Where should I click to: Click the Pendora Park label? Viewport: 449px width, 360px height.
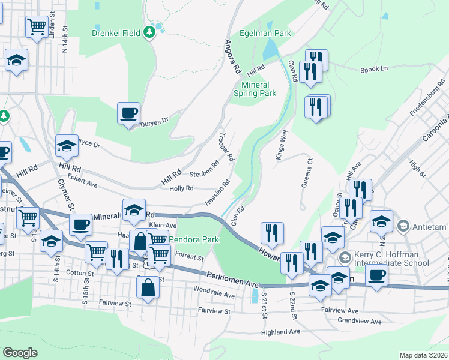coord(193,239)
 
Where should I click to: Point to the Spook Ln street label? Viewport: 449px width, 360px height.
coord(374,69)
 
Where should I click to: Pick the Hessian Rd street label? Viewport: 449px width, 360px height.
coord(217,192)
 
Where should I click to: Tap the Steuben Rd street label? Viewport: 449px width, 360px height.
coord(204,169)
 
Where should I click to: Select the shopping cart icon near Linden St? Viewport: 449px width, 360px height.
coord(37,26)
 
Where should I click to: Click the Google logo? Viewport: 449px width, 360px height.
coord(20,353)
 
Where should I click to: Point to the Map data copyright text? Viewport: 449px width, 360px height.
coord(423,355)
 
